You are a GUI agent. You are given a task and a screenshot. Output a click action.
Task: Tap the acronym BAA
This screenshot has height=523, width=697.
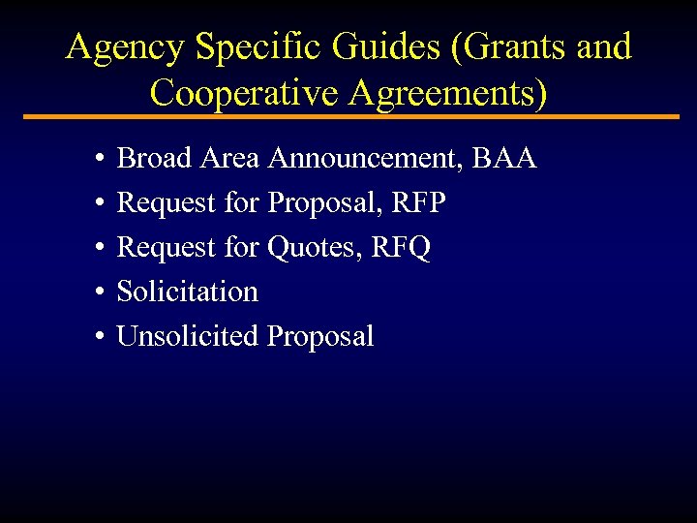click(x=505, y=158)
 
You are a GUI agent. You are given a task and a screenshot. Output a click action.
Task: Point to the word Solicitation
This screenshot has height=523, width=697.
click(x=187, y=292)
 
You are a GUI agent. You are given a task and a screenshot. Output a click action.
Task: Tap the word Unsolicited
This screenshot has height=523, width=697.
click(x=187, y=336)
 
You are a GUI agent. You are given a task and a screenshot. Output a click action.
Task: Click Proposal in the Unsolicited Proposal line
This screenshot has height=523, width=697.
click(x=319, y=336)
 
